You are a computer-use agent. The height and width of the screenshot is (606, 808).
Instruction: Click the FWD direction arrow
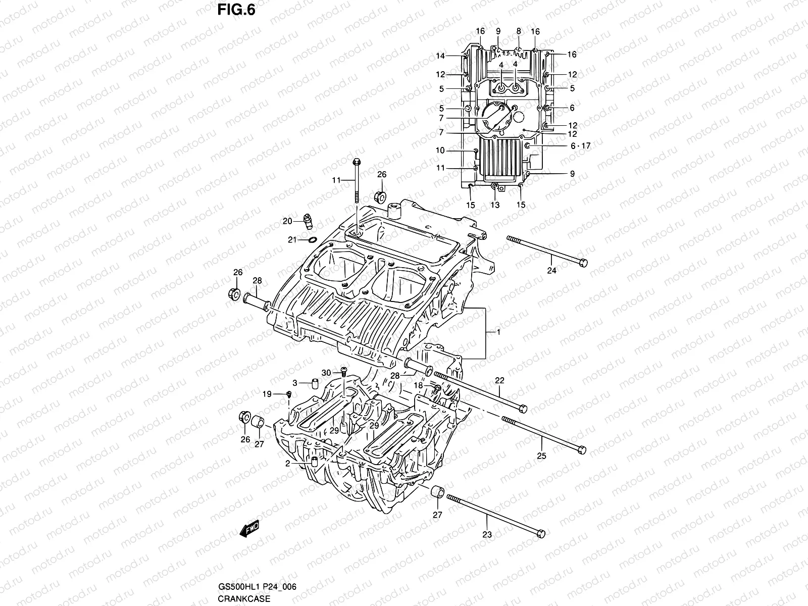click(x=249, y=529)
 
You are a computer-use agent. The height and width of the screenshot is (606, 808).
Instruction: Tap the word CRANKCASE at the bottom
click(x=244, y=599)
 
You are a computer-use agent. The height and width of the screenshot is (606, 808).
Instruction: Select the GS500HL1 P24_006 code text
click(x=257, y=587)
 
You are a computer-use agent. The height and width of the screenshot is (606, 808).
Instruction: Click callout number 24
click(x=551, y=271)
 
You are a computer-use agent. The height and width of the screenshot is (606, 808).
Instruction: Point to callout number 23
click(x=487, y=534)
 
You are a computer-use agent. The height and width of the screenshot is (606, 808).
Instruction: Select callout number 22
click(x=499, y=380)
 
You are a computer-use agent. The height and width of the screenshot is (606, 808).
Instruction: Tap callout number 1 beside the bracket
click(x=498, y=332)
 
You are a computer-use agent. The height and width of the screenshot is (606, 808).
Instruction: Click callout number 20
click(x=287, y=221)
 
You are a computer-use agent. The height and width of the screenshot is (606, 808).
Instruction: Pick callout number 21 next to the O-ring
click(x=292, y=240)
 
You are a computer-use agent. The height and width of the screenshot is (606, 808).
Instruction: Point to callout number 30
click(x=327, y=373)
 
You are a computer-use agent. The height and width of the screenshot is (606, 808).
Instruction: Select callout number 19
click(x=267, y=394)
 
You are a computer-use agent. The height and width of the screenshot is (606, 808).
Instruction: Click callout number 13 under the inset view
click(x=495, y=205)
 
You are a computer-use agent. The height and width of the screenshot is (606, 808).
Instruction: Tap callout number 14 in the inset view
click(x=440, y=56)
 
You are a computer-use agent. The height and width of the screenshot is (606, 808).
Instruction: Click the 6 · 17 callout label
click(x=580, y=146)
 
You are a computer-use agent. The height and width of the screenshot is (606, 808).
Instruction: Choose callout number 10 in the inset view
click(x=440, y=150)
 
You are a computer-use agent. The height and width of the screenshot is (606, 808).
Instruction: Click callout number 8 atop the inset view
click(x=518, y=31)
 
